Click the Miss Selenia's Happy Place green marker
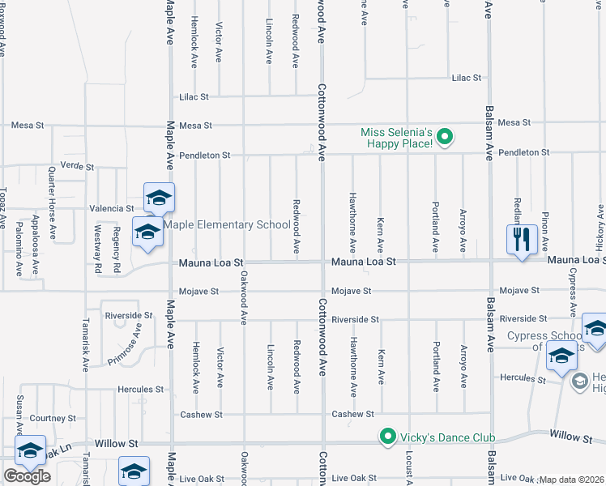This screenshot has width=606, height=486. click(444, 139)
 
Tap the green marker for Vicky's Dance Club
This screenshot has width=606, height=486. click(388, 437)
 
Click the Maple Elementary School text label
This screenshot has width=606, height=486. click(227, 224)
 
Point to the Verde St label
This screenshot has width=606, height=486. click(78, 166)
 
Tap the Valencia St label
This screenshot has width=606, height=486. click(111, 208)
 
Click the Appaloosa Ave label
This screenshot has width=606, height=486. click(34, 236)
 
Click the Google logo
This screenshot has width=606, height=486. click(27, 476)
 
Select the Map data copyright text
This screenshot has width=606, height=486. click(572, 480)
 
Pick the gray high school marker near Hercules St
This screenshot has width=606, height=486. click(579, 381)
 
